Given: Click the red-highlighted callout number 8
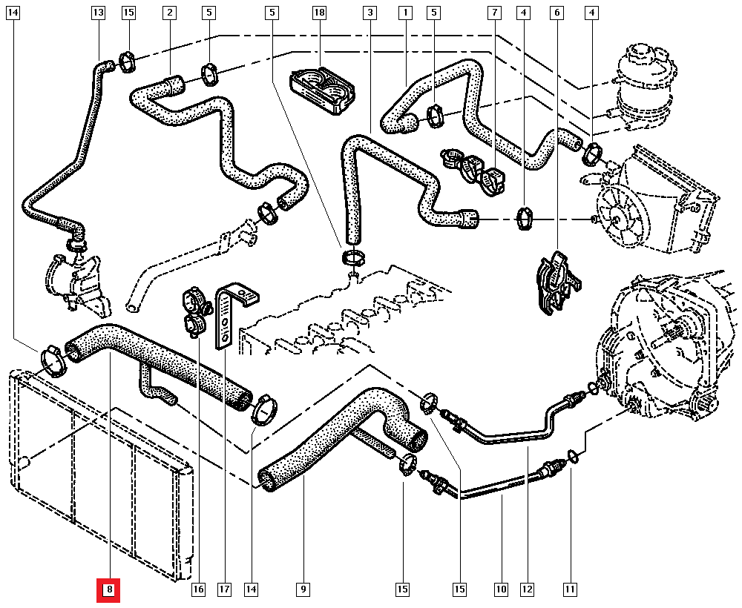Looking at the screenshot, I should pos(108,590).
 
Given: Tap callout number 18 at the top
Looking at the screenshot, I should pos(319,13).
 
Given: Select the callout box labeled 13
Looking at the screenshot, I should pos(99,13).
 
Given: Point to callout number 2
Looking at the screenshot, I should pos(170,13).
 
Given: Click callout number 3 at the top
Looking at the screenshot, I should pos(370,13).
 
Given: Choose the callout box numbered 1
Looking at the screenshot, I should pos(405,13).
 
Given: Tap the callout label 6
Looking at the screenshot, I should pos(557,13).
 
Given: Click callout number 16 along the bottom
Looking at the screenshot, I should pos(197,590).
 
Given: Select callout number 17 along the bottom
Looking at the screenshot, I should pos(224,590).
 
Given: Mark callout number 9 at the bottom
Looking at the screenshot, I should pos(303,590).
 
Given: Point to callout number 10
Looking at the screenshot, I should pos(501,590).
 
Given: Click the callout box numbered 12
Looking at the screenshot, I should pos(527,590).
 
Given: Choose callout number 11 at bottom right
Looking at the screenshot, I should pos(570,590).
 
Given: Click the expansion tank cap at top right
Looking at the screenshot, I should pos(639,52).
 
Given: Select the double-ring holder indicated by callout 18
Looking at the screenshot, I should pos(324,89).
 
